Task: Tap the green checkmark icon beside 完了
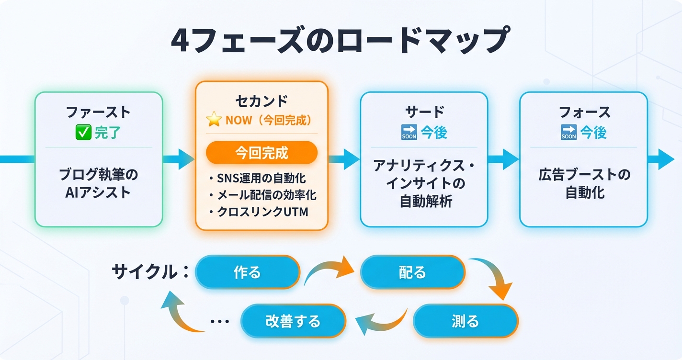pos(84,133)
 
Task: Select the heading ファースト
pos(98,112)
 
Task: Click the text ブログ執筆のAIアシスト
pos(98,183)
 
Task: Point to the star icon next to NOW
pos(214,120)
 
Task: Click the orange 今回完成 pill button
pos(261,153)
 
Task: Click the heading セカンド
pos(261,101)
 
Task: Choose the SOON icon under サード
pos(409,133)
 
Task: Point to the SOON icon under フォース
pos(568,133)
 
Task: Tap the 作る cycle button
pos(248,272)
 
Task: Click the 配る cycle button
pos(412,272)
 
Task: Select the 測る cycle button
pos(465,321)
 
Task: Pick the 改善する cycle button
pos(293,321)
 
